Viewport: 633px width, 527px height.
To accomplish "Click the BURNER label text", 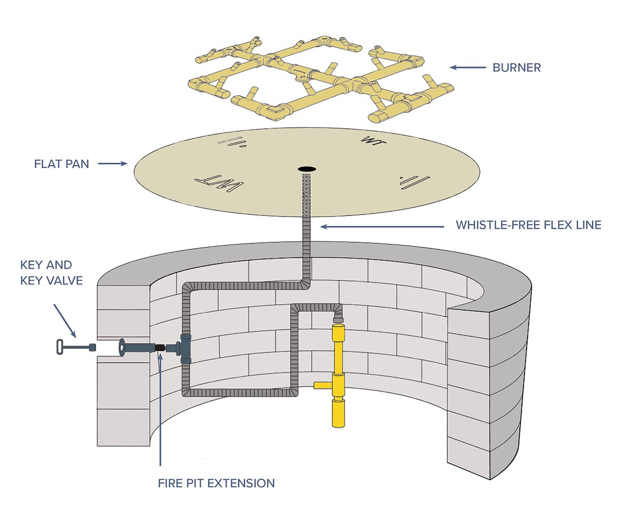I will click(x=516, y=67).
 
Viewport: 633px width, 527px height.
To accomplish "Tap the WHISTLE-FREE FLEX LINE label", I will click(x=528, y=226).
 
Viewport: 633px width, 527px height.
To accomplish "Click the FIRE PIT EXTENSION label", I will click(x=216, y=483).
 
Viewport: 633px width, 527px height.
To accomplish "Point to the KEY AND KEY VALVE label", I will click(x=51, y=272).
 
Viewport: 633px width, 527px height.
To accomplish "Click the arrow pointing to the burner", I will click(x=467, y=67).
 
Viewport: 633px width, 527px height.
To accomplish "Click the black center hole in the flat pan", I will click(x=306, y=169).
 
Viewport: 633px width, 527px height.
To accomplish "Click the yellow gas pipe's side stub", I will click(x=322, y=385).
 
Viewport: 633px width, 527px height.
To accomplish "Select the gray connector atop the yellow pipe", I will click(x=338, y=318).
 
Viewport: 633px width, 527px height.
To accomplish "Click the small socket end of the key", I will click(x=92, y=347).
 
